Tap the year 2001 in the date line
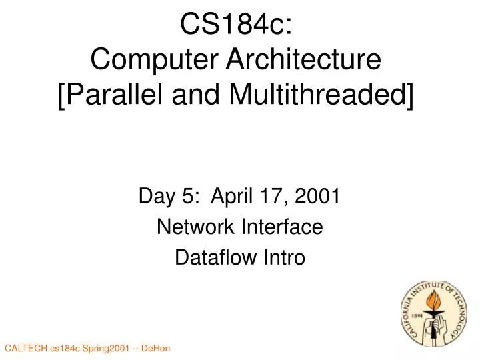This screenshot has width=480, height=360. (x=317, y=197)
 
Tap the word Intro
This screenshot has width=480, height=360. (x=286, y=257)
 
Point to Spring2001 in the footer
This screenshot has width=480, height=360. (x=110, y=349)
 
